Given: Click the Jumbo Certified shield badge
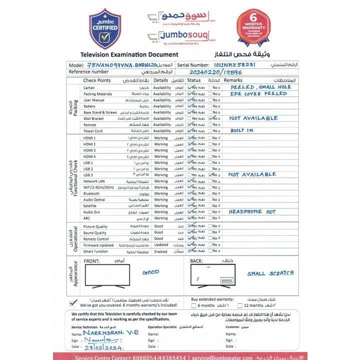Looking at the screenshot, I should (x=104, y=31).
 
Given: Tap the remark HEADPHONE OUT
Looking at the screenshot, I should (x=252, y=211).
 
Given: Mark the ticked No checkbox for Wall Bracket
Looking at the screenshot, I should (x=211, y=118).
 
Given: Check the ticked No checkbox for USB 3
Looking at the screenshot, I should (x=211, y=175).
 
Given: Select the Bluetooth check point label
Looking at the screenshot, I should (x=91, y=193).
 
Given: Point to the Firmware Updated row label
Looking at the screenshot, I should (x=98, y=245).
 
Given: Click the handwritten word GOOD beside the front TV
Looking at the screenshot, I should (x=150, y=272).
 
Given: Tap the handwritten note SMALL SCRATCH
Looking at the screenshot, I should (x=270, y=274).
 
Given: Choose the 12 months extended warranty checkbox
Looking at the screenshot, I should (x=240, y=305).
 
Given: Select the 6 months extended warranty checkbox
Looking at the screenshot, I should (x=194, y=305).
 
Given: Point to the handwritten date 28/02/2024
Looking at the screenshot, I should (x=102, y=346).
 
